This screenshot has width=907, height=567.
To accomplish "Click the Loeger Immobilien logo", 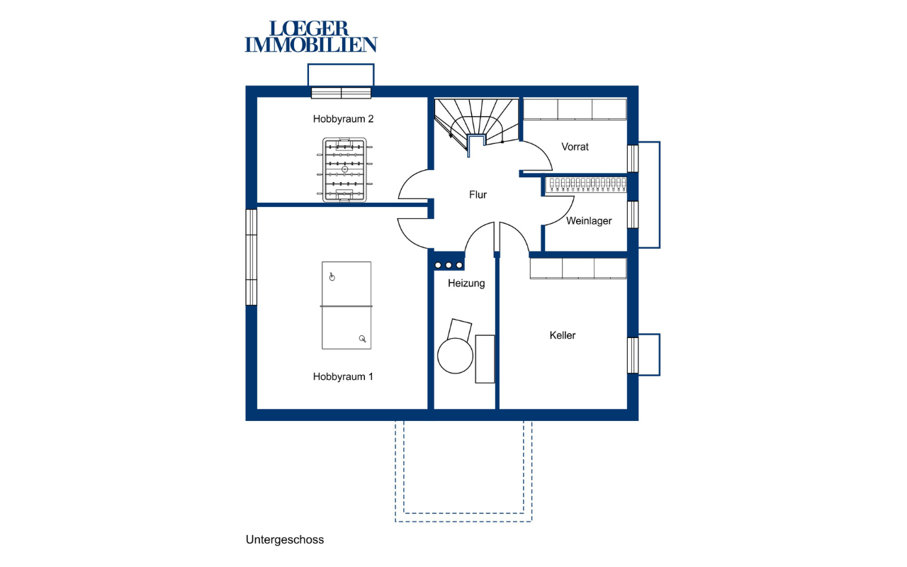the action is tap(311, 36).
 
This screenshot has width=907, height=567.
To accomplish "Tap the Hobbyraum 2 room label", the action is tap(343, 119).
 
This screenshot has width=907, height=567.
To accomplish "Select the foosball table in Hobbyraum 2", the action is tap(344, 169).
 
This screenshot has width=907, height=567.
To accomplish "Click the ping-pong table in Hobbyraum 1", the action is tap(347, 305).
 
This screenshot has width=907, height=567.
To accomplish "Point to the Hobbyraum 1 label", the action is tap(343, 376).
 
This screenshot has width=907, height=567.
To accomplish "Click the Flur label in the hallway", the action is tap(478, 195).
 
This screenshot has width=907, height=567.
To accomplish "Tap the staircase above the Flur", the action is tap(476, 123).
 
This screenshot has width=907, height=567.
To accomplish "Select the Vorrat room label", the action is tap(575, 147).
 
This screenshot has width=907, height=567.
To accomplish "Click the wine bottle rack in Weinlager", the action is tap(585, 185).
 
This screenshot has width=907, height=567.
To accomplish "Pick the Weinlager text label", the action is tap(589, 221).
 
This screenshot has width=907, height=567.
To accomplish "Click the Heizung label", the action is tap(466, 283).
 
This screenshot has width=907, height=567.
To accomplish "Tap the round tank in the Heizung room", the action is tap(455, 355).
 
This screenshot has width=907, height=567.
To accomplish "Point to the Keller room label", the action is tap(563, 335).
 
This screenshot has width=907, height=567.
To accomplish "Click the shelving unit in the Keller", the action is tap(578, 269).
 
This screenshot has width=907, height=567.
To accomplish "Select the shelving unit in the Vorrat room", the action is tap(575, 109).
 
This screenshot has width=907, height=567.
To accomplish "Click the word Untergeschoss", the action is tap(285, 540).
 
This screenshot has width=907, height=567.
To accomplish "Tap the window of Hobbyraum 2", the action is tap(341, 93).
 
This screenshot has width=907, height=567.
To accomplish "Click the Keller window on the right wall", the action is tap(633, 355).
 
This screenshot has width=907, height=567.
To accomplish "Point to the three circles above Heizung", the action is tap(449, 265).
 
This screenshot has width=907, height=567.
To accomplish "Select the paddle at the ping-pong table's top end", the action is tap(332, 277).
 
